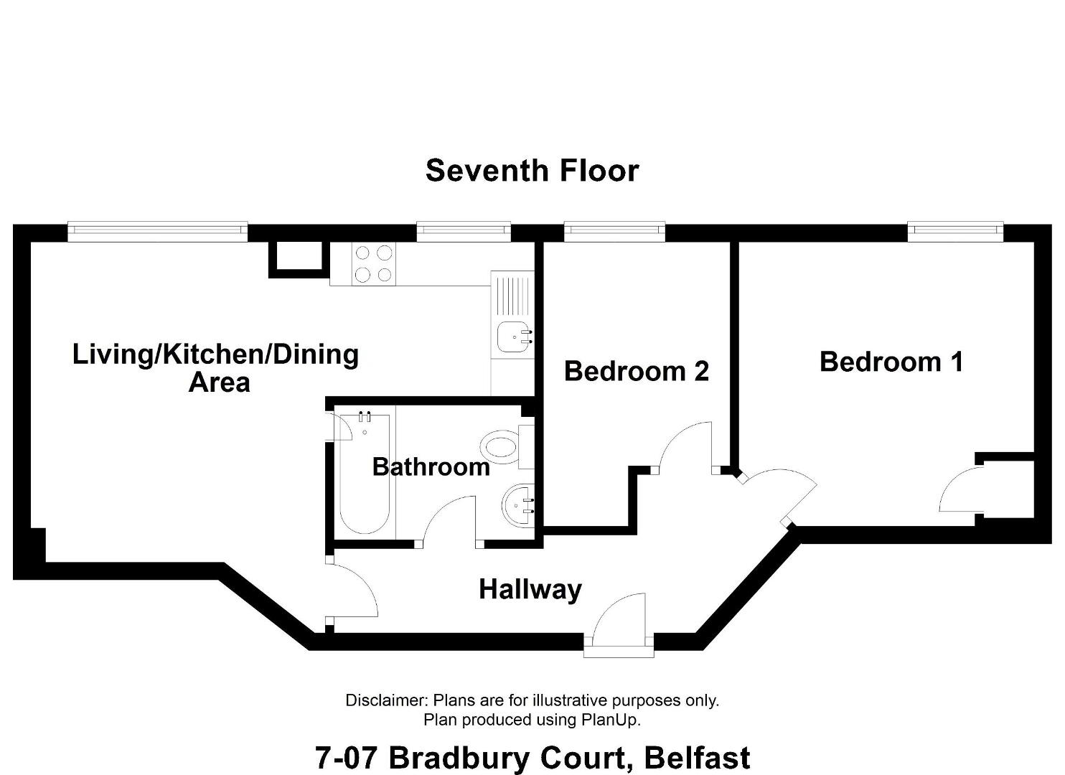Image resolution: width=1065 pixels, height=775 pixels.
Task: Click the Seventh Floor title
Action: [532, 171]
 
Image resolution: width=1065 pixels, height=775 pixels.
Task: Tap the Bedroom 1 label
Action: [891, 362]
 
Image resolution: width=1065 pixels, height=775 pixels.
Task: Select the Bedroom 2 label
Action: [636, 371]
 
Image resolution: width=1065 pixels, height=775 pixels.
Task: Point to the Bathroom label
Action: [431, 467]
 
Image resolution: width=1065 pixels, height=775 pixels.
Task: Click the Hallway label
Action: [530, 590]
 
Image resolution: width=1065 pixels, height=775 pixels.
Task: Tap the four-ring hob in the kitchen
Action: [373, 264]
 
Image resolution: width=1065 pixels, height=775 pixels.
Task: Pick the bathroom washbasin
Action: [518, 505]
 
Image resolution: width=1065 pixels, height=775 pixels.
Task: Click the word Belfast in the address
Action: [697, 758]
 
